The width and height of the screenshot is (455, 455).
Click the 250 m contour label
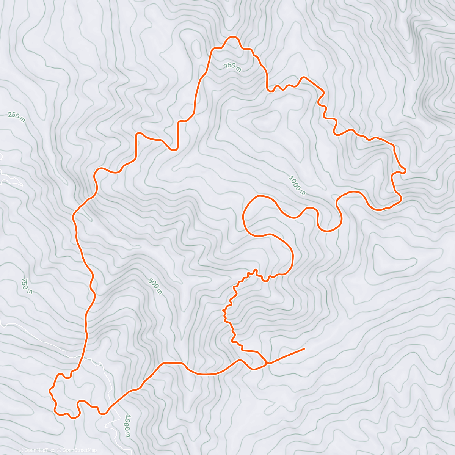16,117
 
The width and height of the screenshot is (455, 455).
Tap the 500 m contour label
155,286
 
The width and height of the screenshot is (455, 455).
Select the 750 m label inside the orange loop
232,67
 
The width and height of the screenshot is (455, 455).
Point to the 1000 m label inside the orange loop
297,185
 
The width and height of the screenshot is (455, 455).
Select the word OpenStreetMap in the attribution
79,450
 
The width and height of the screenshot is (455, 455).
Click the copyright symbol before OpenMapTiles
21,450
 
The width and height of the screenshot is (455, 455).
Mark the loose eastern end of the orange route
304,348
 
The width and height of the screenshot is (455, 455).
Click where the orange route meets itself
267,363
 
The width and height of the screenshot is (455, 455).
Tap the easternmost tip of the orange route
405,171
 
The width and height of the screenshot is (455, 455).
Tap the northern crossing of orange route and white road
81,358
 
